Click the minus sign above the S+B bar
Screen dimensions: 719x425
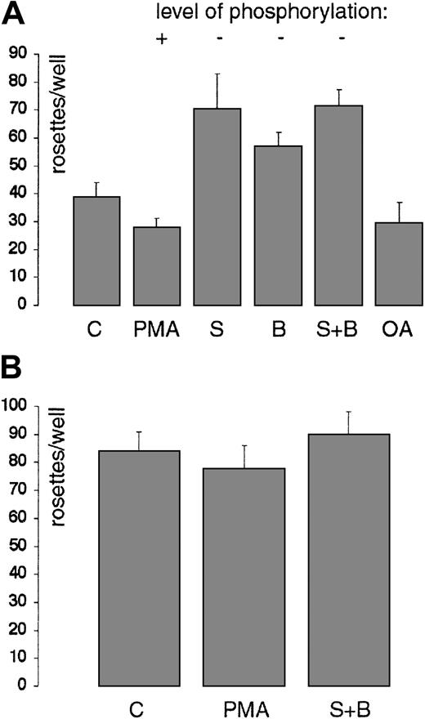tap(340, 38)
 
